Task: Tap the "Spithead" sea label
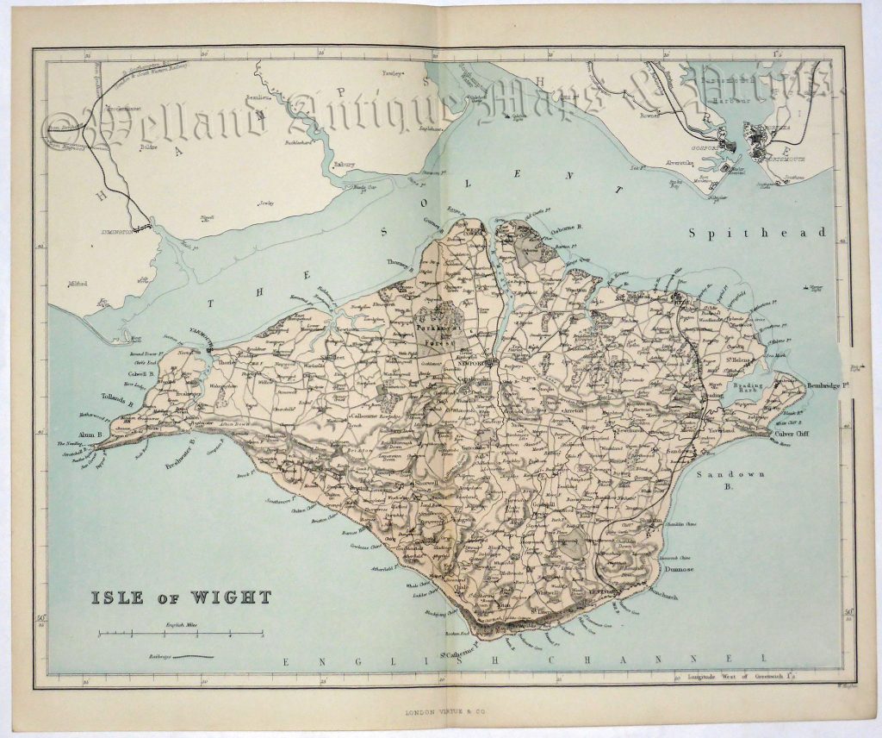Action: [x=757, y=233]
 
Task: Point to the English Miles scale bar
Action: [x=180, y=634]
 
